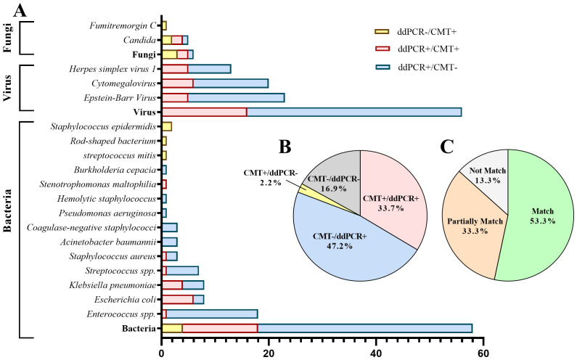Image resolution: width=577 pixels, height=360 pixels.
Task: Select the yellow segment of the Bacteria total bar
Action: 172,328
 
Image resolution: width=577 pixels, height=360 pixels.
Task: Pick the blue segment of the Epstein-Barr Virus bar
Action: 236,97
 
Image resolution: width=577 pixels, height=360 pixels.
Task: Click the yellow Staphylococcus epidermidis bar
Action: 166,126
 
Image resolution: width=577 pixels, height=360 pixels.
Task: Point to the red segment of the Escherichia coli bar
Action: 177,299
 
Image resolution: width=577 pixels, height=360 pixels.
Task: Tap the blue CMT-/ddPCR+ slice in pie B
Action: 341,247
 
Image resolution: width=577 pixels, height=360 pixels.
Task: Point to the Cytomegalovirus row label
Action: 124,83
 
